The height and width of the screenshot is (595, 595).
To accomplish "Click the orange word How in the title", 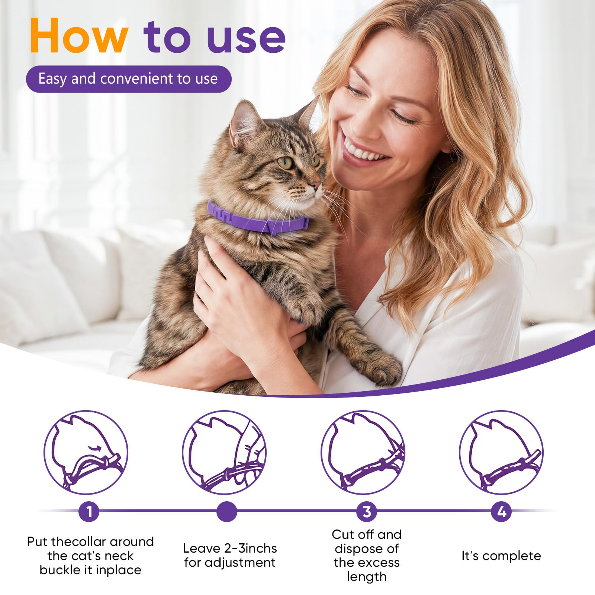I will pos(79,36).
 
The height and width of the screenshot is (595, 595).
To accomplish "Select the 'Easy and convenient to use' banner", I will pos(128,79).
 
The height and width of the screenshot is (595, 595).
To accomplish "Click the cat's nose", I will pos(316,185).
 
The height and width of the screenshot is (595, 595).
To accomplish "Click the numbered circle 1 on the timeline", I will pos(89,512).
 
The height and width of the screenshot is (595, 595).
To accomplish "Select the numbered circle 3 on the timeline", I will pos(367,512).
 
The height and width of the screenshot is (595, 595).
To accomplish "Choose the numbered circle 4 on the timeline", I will pos(501,512).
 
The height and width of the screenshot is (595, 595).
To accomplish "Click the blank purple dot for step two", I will pos(226,512).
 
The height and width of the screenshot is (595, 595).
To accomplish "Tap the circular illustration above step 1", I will pos(86,452).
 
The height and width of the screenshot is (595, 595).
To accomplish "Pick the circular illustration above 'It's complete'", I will pos(501,452).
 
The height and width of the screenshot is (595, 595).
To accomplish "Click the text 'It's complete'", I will pos(501,556).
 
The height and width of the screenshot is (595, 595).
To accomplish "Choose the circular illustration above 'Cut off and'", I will pos(363,452).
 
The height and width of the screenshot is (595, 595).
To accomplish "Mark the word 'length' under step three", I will pos(367,577).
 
